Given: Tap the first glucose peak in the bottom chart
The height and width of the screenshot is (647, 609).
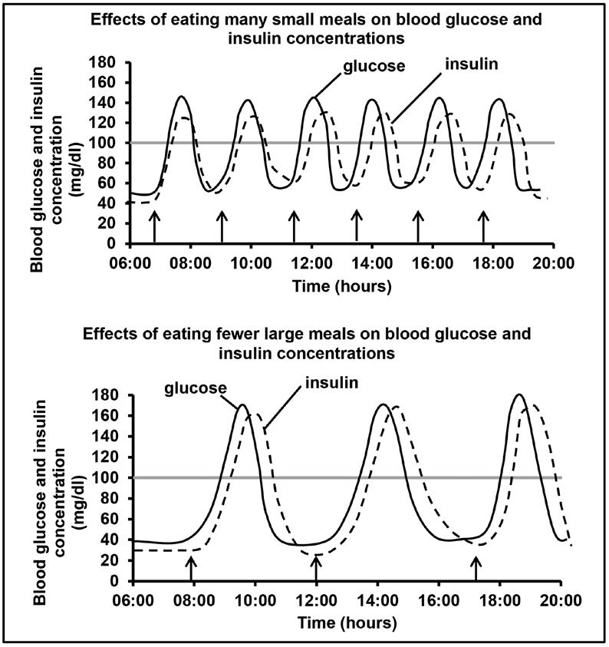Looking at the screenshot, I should coord(242,404).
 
